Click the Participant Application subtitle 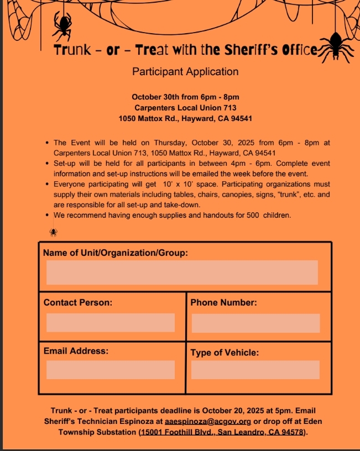click(x=185, y=71)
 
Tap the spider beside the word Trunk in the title click(x=62, y=24)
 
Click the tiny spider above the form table click(x=54, y=232)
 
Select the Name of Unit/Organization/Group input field click(x=182, y=272)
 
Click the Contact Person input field click(x=111, y=323)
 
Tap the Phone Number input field click(x=255, y=323)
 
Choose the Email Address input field click(x=111, y=370)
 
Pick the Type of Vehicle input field click(x=255, y=370)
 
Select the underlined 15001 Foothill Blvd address click(x=222, y=432)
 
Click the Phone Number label click(x=223, y=303)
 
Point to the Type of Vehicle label click(x=225, y=353)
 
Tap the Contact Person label click(x=78, y=303)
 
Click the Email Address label click(x=76, y=350)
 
